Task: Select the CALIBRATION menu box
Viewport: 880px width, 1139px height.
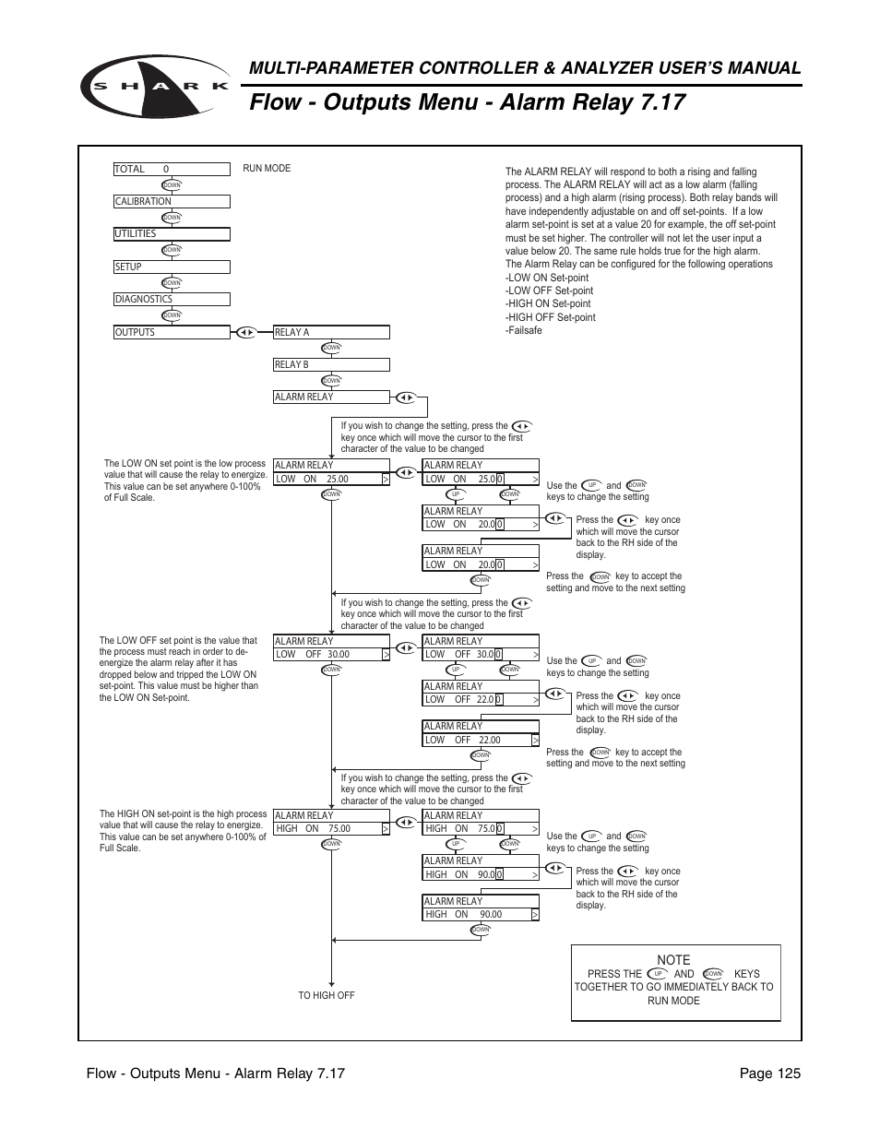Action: coord(172,202)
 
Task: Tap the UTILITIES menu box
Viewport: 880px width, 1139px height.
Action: coord(172,234)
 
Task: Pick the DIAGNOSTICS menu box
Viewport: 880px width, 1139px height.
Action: coord(172,300)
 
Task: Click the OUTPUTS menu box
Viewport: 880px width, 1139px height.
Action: coord(172,332)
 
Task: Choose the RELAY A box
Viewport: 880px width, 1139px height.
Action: coord(331,333)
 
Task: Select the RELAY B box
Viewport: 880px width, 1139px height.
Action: coord(331,365)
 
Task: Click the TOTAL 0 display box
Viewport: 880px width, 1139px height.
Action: coord(172,170)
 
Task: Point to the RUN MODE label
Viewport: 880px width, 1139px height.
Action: coord(267,169)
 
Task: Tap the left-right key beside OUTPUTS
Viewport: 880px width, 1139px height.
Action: coord(245,332)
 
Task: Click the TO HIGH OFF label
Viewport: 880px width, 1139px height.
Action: coord(327,996)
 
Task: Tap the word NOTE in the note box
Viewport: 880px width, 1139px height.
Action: coord(673,960)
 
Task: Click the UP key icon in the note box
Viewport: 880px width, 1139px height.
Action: coord(658,974)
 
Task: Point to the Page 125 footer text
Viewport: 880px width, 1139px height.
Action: coord(769,1074)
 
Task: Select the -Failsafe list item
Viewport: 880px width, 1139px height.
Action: coord(524,330)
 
